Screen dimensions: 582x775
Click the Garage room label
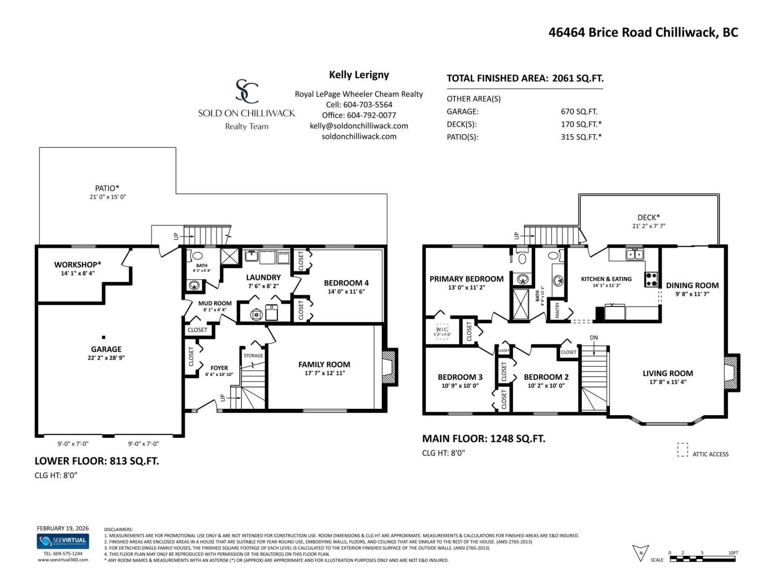tap(106, 349)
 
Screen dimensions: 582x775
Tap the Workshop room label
tap(77, 265)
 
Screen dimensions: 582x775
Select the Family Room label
tap(324, 365)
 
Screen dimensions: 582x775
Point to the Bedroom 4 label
tap(346, 283)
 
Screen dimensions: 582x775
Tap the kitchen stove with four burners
tap(651, 279)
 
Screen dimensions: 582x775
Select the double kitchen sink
tap(634, 254)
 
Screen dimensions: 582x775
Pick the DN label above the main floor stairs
tap(594, 338)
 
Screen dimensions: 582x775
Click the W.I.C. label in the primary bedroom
tap(442, 329)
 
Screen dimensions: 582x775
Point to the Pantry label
tap(558, 310)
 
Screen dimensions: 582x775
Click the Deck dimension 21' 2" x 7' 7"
tap(649, 226)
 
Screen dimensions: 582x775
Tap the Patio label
tap(107, 188)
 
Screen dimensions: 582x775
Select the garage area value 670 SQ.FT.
tap(579, 112)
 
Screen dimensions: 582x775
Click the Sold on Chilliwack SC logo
tap(247, 92)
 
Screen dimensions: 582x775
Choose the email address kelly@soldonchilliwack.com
tap(359, 126)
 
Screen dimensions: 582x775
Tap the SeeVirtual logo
tap(63, 541)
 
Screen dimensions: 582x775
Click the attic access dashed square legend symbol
tap(682, 450)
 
